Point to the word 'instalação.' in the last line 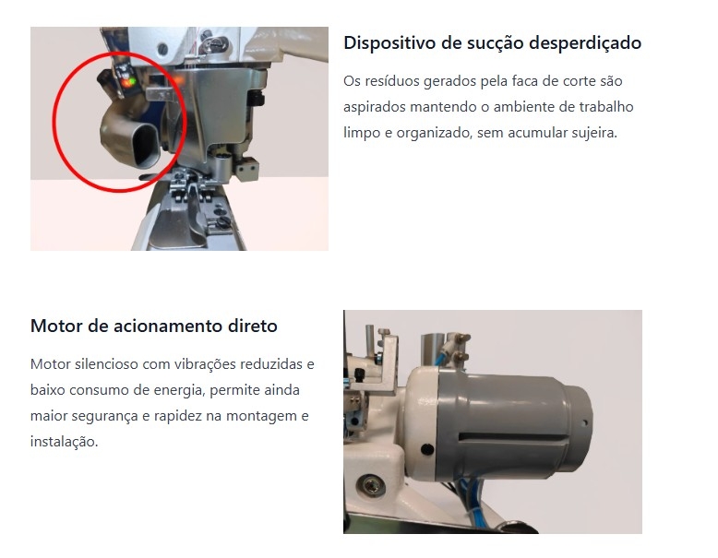click(64, 442)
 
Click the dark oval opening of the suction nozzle click(146, 145)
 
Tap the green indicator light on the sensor click(132, 82)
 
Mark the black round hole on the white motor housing click(427, 449)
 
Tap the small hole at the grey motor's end click(584, 423)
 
